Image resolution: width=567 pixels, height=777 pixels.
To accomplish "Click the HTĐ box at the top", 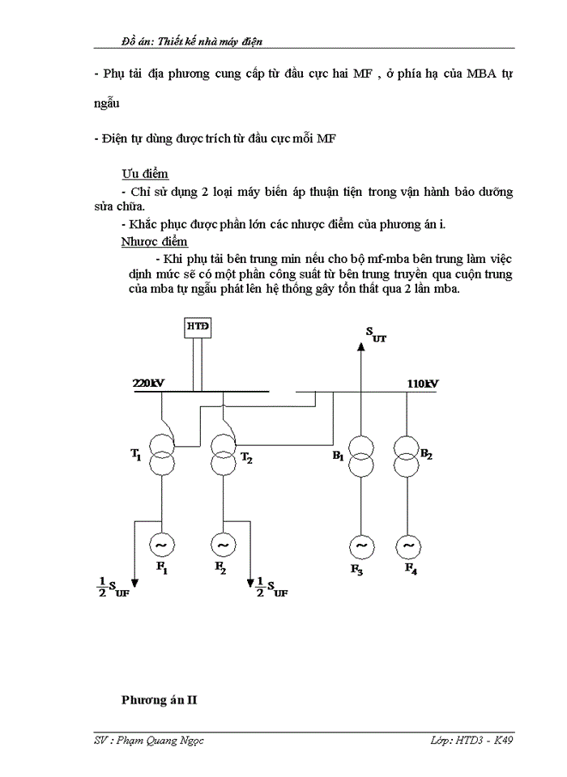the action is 198,326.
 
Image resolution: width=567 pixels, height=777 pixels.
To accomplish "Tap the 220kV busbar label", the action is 149,384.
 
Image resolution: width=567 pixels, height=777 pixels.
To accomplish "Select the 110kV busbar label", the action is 422,384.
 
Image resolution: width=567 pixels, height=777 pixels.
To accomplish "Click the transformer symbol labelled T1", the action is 162,452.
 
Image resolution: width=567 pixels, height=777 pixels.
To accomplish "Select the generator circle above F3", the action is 361,547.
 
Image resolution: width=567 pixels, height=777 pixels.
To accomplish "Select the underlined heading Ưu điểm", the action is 145,174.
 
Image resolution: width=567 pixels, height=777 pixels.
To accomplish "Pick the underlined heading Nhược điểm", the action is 154,241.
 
